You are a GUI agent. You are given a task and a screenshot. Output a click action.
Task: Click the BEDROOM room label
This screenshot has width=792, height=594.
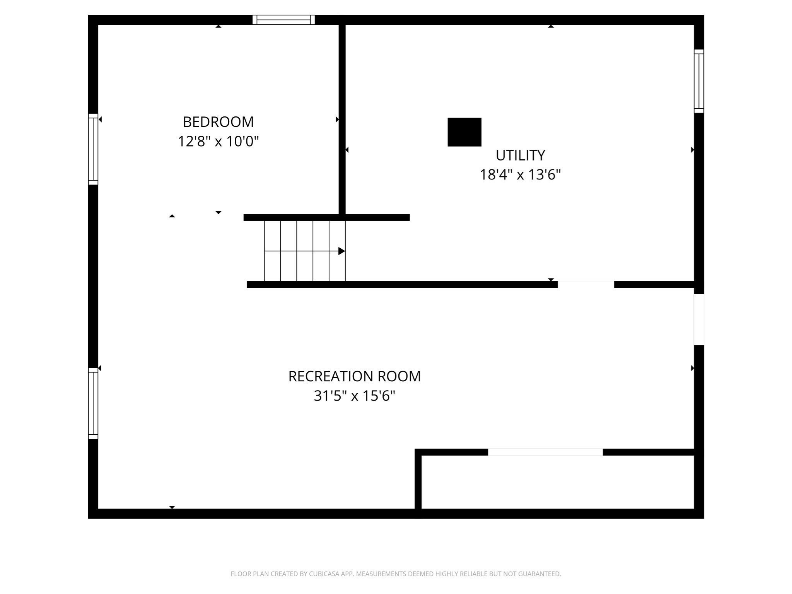[218, 122]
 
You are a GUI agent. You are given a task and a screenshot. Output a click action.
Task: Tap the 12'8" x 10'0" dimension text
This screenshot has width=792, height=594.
[218, 142]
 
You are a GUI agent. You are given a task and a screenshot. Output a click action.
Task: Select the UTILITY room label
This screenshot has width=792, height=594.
[520, 155]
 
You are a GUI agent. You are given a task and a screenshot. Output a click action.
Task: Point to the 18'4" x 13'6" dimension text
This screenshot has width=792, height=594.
[520, 175]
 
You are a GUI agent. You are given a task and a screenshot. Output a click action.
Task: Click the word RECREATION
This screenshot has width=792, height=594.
[331, 376]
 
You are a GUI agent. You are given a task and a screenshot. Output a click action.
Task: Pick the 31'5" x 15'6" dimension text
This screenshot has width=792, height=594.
[354, 396]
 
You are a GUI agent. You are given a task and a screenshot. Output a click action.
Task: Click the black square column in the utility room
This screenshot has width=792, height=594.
[464, 132]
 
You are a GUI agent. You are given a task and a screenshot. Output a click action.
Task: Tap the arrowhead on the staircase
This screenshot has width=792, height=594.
[341, 251]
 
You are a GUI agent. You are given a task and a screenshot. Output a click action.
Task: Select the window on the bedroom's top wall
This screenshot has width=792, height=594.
[283, 20]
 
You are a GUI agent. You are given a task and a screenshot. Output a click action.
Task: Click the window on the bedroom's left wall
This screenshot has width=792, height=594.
[93, 149]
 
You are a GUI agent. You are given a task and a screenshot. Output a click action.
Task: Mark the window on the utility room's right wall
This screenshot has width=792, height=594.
[698, 81]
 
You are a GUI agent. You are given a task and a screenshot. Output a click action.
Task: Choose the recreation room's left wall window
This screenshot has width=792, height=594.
[93, 403]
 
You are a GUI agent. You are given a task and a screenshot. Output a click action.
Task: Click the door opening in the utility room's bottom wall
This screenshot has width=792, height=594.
[585, 285]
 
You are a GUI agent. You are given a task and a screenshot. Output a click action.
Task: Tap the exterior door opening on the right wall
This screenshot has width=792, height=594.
[698, 319]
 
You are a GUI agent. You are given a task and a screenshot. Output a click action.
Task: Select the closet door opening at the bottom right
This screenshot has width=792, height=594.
[545, 452]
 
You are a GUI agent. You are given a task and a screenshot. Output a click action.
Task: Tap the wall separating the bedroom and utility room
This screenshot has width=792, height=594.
[342, 116]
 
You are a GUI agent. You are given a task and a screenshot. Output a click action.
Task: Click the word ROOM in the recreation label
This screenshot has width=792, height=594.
[399, 376]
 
